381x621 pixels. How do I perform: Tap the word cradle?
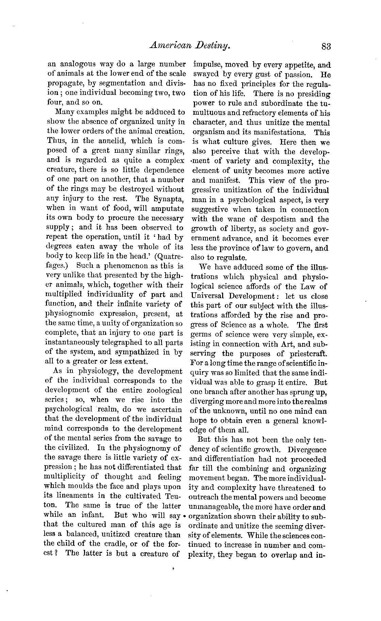point(115,544)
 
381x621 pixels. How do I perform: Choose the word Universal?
point(209,296)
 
